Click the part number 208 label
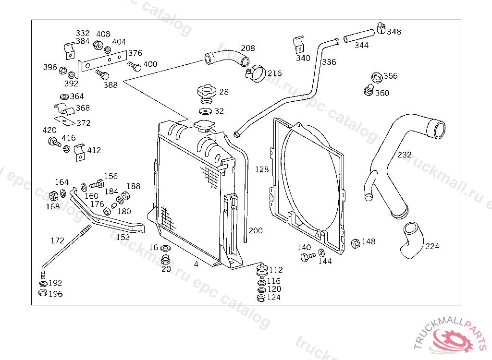point(248,48)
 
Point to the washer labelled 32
point(205,111)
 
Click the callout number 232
point(404,155)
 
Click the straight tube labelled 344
point(359,36)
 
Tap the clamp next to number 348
point(381,28)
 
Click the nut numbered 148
point(355,243)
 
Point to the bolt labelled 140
point(307,257)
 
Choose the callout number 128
point(262,169)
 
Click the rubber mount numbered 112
point(262,271)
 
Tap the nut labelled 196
point(43,293)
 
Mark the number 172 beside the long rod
point(58,240)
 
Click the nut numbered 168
point(54,196)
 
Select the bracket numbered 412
point(80,153)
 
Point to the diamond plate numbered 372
point(65,121)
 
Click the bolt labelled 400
point(135,66)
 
